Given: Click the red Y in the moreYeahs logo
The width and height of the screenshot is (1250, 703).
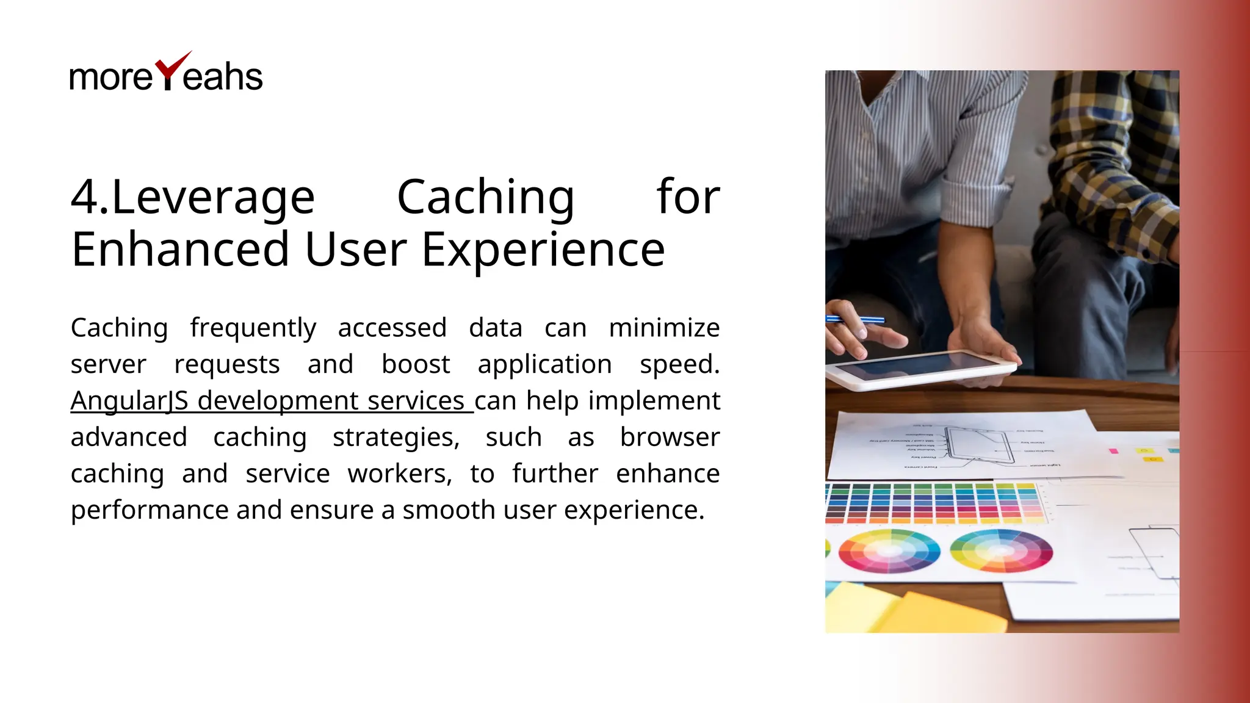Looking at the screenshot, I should click(x=169, y=72).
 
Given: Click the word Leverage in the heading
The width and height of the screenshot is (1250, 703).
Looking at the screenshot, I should click(x=214, y=198).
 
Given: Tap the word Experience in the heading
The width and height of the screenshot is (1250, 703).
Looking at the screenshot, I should click(x=543, y=250).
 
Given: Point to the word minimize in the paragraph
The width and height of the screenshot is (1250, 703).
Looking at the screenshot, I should click(x=664, y=328).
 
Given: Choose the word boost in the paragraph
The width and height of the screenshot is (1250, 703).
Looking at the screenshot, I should click(x=416, y=364).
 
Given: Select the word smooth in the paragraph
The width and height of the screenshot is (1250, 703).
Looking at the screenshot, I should click(x=449, y=510).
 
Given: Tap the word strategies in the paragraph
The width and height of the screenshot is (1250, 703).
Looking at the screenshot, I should click(x=396, y=438).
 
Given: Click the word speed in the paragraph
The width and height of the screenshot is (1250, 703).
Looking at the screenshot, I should click(x=677, y=365).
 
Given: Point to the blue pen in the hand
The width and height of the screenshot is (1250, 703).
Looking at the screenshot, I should click(x=854, y=319).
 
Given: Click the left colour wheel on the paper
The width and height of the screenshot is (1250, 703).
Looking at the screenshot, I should click(x=889, y=550).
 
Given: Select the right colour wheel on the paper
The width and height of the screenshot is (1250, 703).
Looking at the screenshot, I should click(x=1001, y=550).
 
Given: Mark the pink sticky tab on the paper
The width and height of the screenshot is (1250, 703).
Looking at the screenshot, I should click(x=1113, y=451).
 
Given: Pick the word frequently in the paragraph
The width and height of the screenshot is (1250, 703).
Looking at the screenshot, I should click(x=253, y=328).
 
